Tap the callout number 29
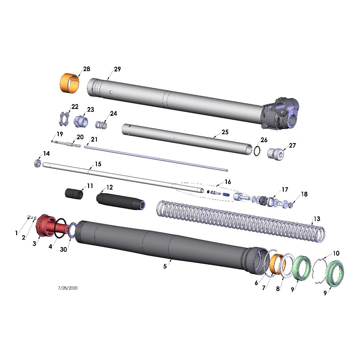(x=117, y=69)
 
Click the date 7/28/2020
(x=67, y=288)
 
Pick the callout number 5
(x=165, y=266)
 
